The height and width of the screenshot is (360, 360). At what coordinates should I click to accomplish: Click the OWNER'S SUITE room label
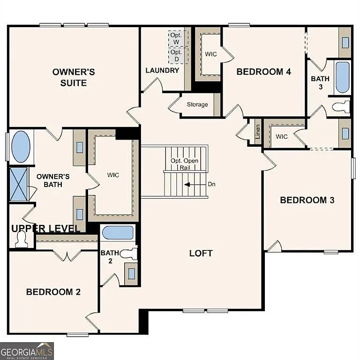coord(74,77)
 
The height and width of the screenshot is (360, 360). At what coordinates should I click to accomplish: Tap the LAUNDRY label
coord(162,70)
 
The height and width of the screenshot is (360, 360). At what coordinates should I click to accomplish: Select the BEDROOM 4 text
coord(263,72)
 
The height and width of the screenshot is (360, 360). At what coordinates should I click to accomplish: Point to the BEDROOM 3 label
coord(307,200)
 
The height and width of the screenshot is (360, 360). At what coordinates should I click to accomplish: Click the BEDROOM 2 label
coord(53,292)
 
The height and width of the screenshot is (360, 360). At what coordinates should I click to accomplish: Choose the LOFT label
coord(201,253)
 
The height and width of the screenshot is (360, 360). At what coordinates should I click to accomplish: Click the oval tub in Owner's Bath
coord(20,147)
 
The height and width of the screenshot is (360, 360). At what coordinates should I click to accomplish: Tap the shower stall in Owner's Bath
coord(19,184)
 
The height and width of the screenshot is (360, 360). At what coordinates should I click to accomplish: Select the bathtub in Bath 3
coord(343,77)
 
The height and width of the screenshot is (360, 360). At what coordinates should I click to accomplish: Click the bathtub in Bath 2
coord(118,233)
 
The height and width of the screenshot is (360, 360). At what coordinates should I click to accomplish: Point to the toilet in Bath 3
coord(342,106)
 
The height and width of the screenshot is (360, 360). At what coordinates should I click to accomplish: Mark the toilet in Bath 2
coord(128,254)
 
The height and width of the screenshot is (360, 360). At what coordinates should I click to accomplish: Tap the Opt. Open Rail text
coord(184,164)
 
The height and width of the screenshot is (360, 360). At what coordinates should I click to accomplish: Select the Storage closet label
coord(197,105)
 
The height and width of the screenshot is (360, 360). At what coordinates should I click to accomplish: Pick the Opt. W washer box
coord(177,39)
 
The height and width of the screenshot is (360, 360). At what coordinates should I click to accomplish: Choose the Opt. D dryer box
coord(177,56)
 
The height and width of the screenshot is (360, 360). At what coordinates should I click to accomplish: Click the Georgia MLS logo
coord(27,351)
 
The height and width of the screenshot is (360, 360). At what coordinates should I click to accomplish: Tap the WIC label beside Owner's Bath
coord(113,175)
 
